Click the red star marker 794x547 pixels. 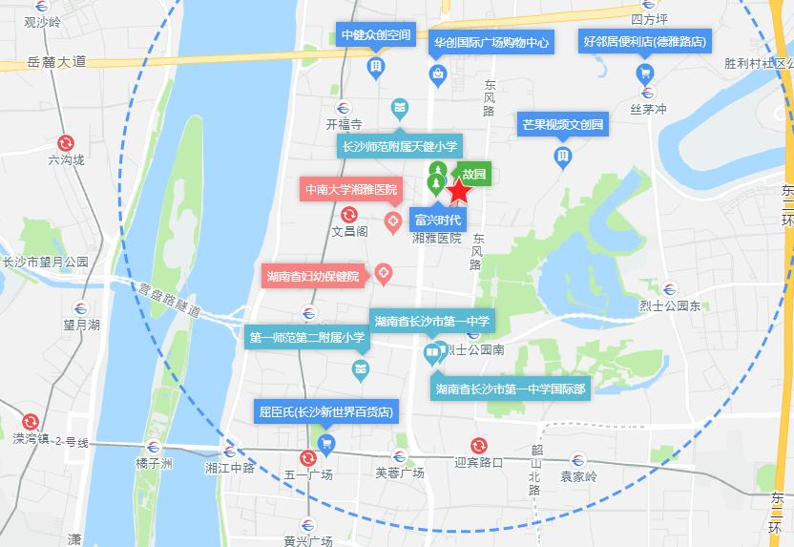(459, 192)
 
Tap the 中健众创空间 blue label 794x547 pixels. (376, 35)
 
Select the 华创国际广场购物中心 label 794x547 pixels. (491, 43)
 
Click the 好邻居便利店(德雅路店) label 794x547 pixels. (645, 41)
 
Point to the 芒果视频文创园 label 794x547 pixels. (563, 124)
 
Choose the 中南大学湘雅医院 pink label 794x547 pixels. (350, 189)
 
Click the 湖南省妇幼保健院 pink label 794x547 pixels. (313, 277)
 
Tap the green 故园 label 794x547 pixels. (474, 175)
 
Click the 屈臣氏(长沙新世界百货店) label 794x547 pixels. (326, 412)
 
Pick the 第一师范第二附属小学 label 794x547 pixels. (307, 337)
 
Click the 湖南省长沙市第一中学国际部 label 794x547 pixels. (511, 389)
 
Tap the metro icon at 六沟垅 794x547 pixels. (66, 141)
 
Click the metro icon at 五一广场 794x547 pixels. (307, 457)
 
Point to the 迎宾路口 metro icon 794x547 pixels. (478, 445)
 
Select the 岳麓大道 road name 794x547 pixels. (56, 62)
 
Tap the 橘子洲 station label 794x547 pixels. (153, 465)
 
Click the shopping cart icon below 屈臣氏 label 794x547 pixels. (326, 442)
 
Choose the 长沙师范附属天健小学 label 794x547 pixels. (400, 146)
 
